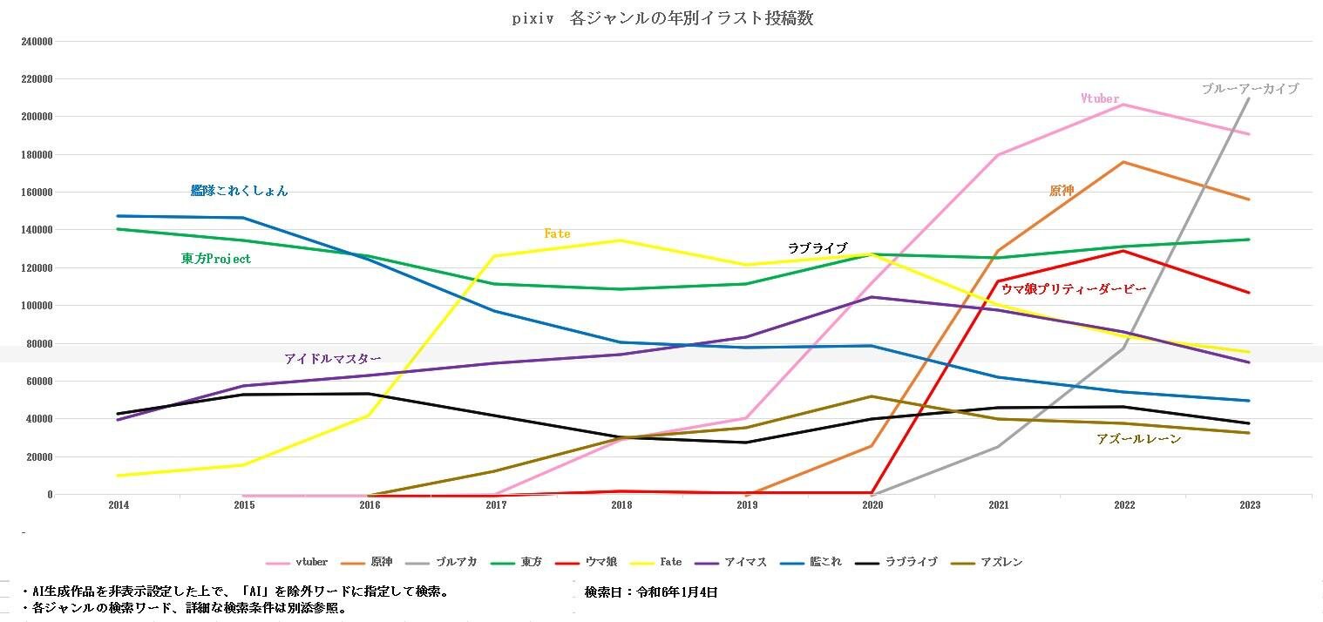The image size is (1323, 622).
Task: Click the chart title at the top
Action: (x=662, y=18)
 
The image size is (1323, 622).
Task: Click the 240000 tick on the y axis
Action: (x=36, y=41)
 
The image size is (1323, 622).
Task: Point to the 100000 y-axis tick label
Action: (x=36, y=306)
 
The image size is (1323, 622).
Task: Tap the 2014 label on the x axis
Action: (x=119, y=505)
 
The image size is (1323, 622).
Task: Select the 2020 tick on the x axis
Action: (x=872, y=505)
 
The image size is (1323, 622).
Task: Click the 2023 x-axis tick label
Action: (x=1249, y=505)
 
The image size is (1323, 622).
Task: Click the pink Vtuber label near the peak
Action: (x=1100, y=99)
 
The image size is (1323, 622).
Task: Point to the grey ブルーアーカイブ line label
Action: (x=1250, y=89)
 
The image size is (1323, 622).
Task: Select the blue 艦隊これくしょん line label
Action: (x=239, y=191)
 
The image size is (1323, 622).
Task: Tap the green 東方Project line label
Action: (x=215, y=259)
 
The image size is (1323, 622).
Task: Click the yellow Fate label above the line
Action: (x=557, y=233)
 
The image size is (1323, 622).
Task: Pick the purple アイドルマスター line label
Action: (x=332, y=359)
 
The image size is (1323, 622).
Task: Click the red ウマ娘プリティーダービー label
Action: (x=1073, y=289)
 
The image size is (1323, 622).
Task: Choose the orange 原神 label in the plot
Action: (x=1062, y=191)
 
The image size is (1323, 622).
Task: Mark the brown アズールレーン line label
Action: (x=1138, y=439)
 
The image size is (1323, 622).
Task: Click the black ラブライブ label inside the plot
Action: (x=817, y=248)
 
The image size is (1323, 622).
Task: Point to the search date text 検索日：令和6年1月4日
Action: (x=651, y=592)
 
